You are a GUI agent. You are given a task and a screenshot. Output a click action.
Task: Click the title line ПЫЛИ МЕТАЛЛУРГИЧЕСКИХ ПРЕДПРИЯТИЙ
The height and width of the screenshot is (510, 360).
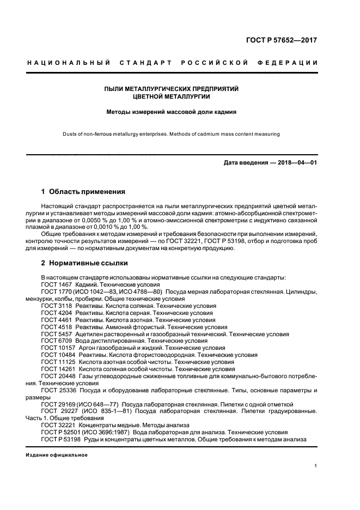point(172,88)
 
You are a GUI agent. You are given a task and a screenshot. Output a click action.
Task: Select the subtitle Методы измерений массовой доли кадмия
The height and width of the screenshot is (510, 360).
point(172,113)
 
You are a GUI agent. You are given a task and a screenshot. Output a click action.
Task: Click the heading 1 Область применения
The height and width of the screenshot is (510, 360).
point(83,192)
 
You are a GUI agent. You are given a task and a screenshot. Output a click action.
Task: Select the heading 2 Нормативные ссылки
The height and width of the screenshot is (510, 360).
point(84,263)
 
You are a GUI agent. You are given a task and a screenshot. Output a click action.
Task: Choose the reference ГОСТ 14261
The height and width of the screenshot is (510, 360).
point(56,369)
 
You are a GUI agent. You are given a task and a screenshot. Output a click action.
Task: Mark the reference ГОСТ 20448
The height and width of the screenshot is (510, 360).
point(56,376)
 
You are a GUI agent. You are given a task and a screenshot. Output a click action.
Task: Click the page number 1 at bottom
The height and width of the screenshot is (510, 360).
point(315,466)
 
